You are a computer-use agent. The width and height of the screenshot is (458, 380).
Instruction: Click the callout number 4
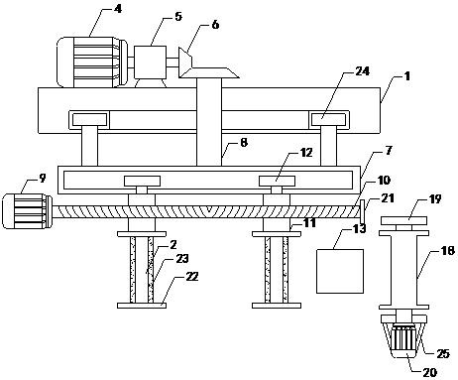click(117, 9)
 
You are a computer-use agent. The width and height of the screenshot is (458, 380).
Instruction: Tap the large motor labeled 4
click(92, 62)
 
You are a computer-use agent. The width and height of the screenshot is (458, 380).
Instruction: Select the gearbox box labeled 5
click(150, 62)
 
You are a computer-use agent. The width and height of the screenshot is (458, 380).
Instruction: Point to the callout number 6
click(215, 25)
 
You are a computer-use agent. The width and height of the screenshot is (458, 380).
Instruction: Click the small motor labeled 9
click(27, 211)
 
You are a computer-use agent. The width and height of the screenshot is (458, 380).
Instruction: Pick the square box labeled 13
click(340, 271)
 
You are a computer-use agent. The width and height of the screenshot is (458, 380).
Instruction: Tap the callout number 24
click(362, 71)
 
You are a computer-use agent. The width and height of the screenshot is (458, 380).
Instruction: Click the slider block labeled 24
click(329, 119)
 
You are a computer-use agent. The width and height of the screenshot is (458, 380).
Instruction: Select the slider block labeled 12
click(277, 181)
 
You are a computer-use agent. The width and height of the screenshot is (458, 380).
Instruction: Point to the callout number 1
click(407, 76)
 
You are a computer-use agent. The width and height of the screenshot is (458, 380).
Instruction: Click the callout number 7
click(389, 151)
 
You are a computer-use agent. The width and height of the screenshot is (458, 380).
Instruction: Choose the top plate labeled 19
click(403, 220)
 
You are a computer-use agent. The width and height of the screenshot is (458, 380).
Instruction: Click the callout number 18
click(448, 251)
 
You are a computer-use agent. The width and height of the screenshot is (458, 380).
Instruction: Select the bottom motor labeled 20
click(403, 341)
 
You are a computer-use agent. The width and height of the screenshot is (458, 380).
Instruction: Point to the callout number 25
click(443, 354)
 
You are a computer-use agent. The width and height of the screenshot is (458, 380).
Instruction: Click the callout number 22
click(191, 277)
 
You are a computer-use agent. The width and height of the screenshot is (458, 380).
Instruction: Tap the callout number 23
click(182, 259)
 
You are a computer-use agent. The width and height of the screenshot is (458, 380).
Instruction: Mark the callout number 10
click(384, 181)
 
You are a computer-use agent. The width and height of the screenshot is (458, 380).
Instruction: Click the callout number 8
click(244, 143)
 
